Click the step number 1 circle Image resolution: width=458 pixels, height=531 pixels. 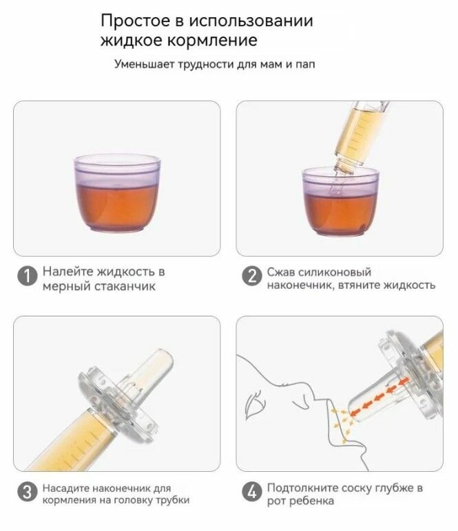[27, 276]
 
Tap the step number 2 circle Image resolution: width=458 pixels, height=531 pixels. [252, 276]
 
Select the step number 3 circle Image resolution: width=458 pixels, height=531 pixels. [27, 492]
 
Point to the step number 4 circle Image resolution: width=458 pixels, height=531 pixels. [252, 492]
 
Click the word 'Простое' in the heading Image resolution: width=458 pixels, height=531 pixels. [135, 21]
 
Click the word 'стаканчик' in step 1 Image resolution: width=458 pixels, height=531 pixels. [125, 287]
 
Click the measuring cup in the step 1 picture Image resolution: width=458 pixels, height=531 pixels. [117, 193]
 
